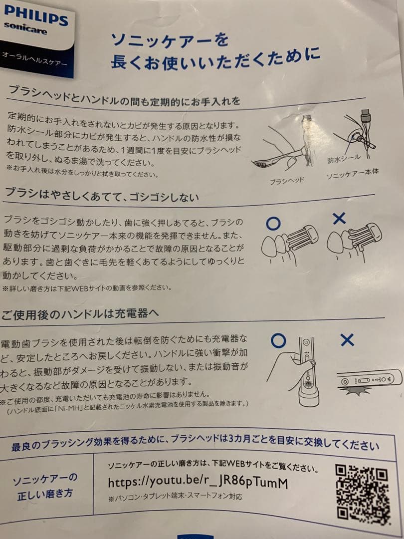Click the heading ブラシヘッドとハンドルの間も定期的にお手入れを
tap(125, 95)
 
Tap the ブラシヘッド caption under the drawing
tap(286, 180)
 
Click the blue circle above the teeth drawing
tap(273, 223)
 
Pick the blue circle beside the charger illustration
tap(278, 341)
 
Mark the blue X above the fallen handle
tap(347, 340)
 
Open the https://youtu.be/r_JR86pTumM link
tap(198, 483)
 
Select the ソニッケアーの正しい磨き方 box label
tap(45, 486)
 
